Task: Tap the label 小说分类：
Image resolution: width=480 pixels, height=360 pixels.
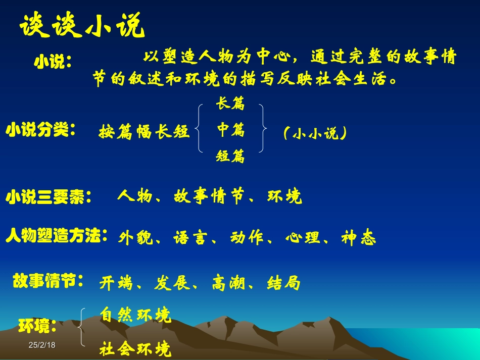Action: tap(41, 131)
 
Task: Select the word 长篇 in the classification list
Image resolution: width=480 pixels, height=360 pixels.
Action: tap(230, 105)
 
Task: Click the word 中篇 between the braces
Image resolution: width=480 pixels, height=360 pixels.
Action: tap(231, 131)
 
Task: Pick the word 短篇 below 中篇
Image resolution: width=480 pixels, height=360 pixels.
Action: tap(230, 157)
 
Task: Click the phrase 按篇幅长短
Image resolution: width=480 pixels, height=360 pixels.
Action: tap(144, 132)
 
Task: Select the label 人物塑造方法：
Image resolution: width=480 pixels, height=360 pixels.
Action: tap(57, 236)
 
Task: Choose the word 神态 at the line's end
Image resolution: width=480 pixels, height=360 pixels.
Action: tap(358, 237)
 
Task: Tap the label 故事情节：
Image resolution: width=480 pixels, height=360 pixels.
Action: tap(49, 281)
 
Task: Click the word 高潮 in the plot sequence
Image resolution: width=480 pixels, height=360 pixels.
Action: tap(228, 283)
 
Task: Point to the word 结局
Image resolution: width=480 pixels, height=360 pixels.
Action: tap(283, 283)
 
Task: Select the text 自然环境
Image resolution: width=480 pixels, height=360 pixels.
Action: tap(135, 315)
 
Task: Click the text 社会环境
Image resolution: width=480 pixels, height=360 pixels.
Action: tap(135, 348)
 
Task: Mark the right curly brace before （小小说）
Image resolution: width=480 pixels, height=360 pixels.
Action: tap(262, 129)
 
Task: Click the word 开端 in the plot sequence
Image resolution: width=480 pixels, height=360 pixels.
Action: tap(116, 283)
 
